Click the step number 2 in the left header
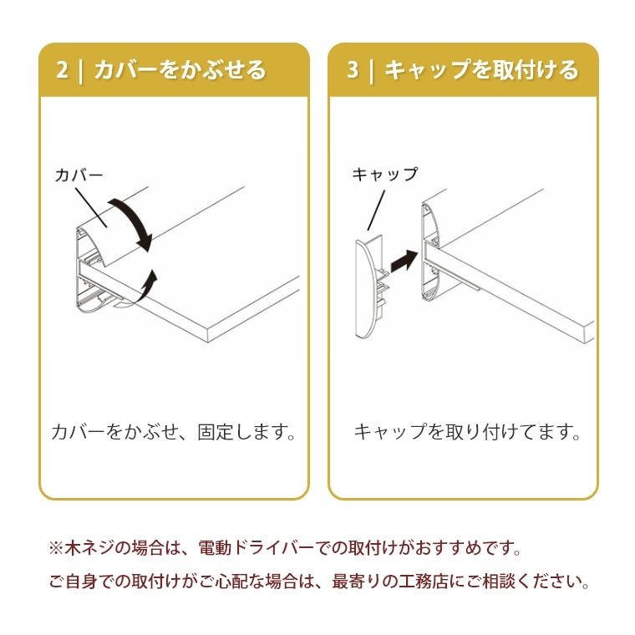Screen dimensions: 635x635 click(62, 69)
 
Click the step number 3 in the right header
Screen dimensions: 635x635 click(353, 69)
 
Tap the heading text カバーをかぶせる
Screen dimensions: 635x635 click(180, 69)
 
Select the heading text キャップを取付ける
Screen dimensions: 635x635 click(481, 69)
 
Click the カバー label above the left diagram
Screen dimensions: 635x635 click(79, 175)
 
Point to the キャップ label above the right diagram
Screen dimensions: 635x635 click(384, 174)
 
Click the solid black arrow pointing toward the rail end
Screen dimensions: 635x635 click(404, 261)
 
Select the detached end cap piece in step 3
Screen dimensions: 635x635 click(368, 287)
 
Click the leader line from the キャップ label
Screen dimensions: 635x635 click(376, 211)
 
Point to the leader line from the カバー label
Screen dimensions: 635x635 click(91, 207)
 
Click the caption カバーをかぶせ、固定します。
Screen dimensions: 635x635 click(174, 432)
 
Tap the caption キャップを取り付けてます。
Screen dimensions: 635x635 click(467, 432)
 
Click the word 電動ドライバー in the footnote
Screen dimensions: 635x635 click(256, 548)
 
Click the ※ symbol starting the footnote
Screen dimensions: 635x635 click(56, 548)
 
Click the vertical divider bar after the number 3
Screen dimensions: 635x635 click(371, 70)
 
